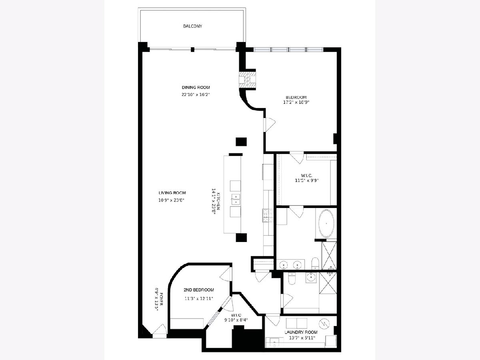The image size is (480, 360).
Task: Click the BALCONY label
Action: point(192,26)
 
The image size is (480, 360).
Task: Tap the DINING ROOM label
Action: point(196,88)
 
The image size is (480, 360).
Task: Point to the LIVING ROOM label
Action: point(172,193)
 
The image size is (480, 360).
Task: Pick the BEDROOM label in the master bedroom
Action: point(296,97)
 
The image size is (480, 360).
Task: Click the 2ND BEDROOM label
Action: point(198,290)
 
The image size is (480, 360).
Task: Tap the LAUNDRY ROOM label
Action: point(301,332)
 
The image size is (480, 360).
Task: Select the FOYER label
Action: point(161,299)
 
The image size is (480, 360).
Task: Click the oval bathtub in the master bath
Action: point(326,224)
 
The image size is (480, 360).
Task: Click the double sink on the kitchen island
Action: point(236,199)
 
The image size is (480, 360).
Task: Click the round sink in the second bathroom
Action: point(311,277)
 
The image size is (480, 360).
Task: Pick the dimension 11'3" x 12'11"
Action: point(198,298)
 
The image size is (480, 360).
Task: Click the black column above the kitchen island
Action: point(241,142)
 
